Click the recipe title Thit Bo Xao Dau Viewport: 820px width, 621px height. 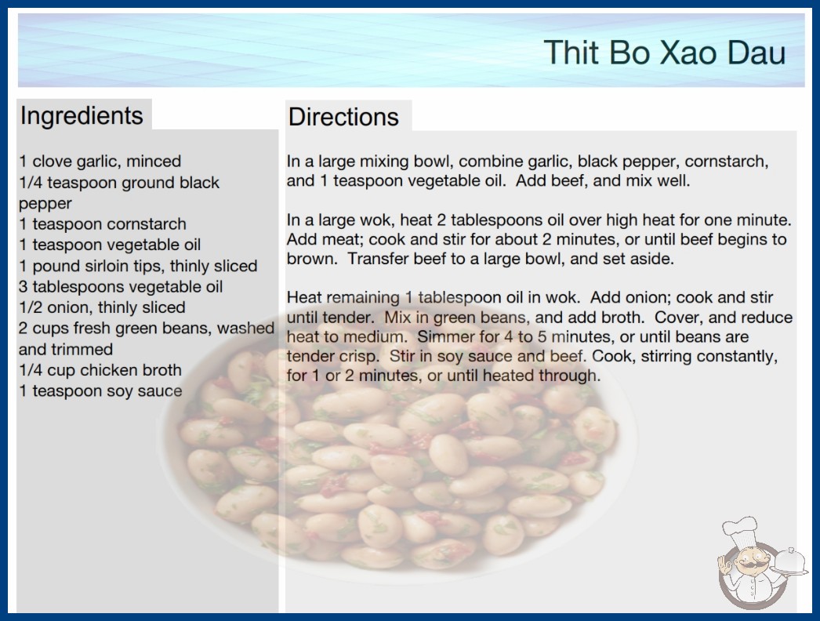click(x=665, y=53)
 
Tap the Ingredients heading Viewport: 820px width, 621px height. click(x=82, y=115)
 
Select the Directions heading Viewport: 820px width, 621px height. click(x=343, y=117)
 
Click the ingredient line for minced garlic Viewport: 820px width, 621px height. click(x=100, y=162)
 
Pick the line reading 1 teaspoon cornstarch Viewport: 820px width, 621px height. click(x=103, y=224)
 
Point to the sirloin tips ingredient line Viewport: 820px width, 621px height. click(x=138, y=266)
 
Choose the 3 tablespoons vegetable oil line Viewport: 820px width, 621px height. click(x=121, y=287)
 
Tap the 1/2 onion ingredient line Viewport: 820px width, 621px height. click(x=102, y=307)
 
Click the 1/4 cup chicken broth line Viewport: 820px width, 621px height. click(x=100, y=370)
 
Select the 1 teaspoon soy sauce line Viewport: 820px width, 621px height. click(x=100, y=390)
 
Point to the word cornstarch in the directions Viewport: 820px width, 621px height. click(x=727, y=162)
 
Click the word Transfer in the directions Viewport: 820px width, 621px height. click(x=378, y=259)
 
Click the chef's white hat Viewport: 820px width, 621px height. click(x=740, y=529)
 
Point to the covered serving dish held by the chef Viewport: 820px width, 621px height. click(x=789, y=561)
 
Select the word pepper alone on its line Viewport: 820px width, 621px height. click(x=45, y=204)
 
